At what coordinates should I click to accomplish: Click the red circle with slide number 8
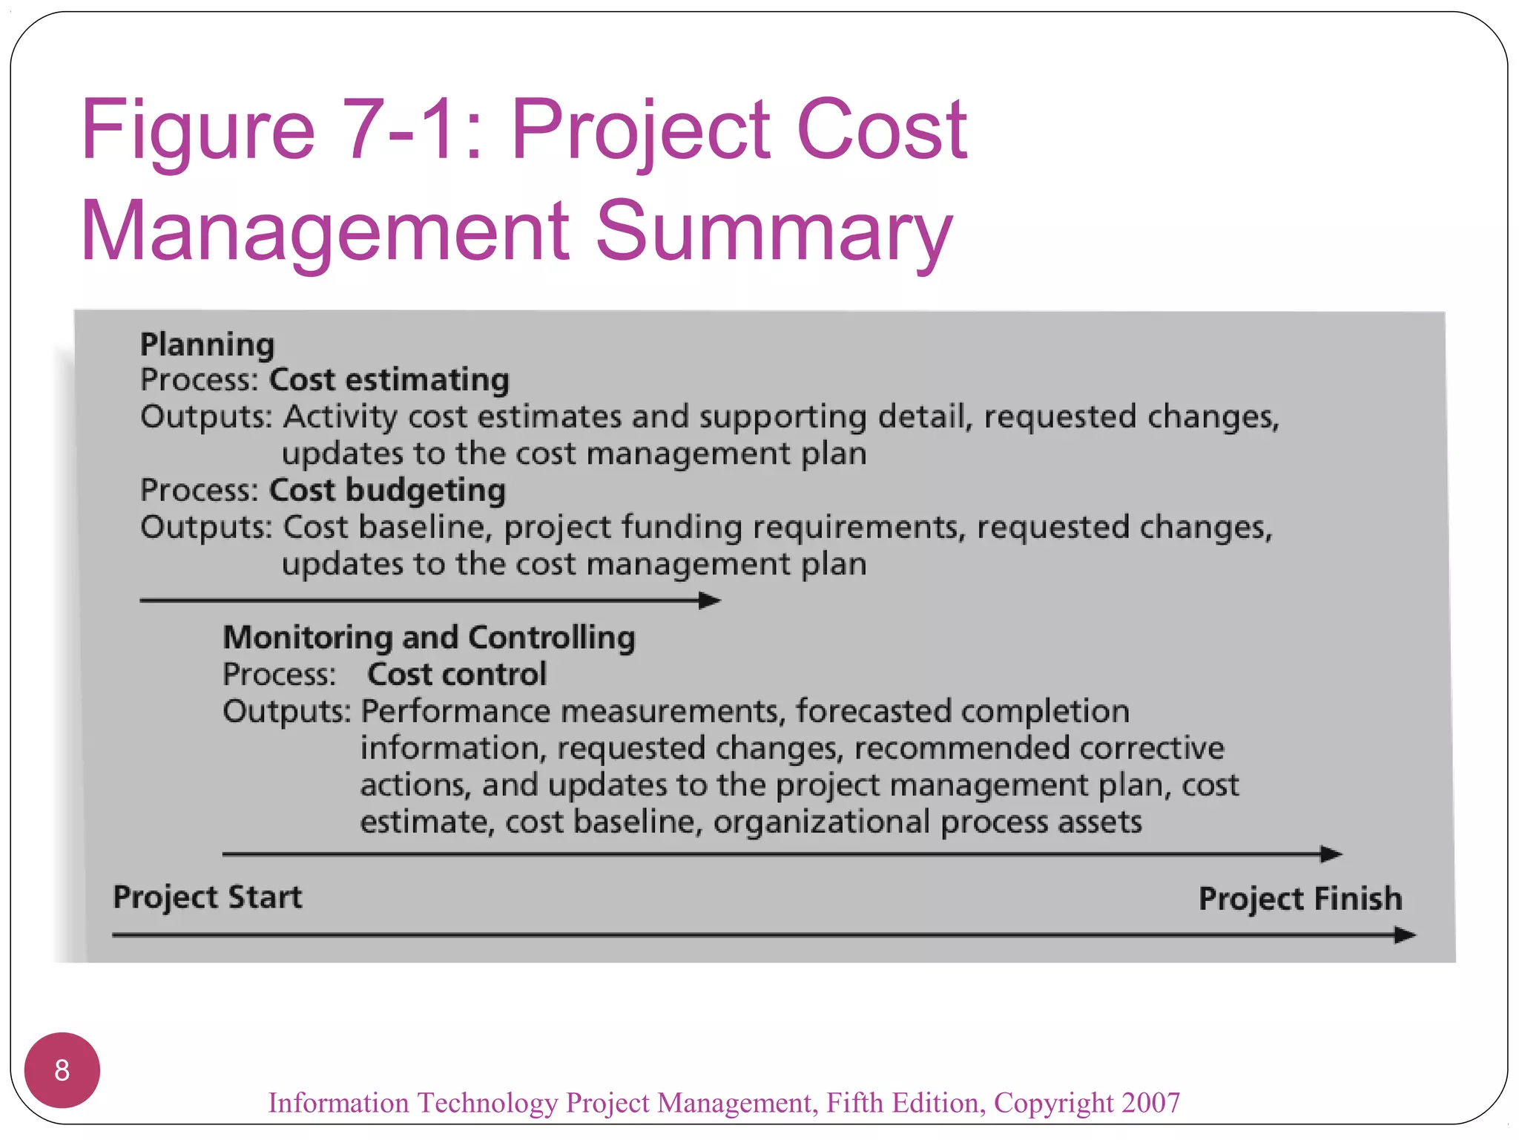click(x=62, y=1069)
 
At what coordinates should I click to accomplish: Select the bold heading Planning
click(x=208, y=344)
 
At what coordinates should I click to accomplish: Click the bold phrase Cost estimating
click(x=389, y=380)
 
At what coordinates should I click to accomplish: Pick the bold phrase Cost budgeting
click(x=387, y=491)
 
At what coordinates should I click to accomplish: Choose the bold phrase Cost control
click(x=457, y=675)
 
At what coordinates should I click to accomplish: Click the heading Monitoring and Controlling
click(x=429, y=638)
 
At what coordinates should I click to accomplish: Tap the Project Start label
click(x=208, y=897)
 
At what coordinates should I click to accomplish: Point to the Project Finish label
click(x=1300, y=899)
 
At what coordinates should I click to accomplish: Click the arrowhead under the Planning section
click(x=710, y=600)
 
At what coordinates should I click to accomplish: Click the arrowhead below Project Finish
click(x=1405, y=935)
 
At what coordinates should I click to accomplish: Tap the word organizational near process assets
click(x=822, y=822)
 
